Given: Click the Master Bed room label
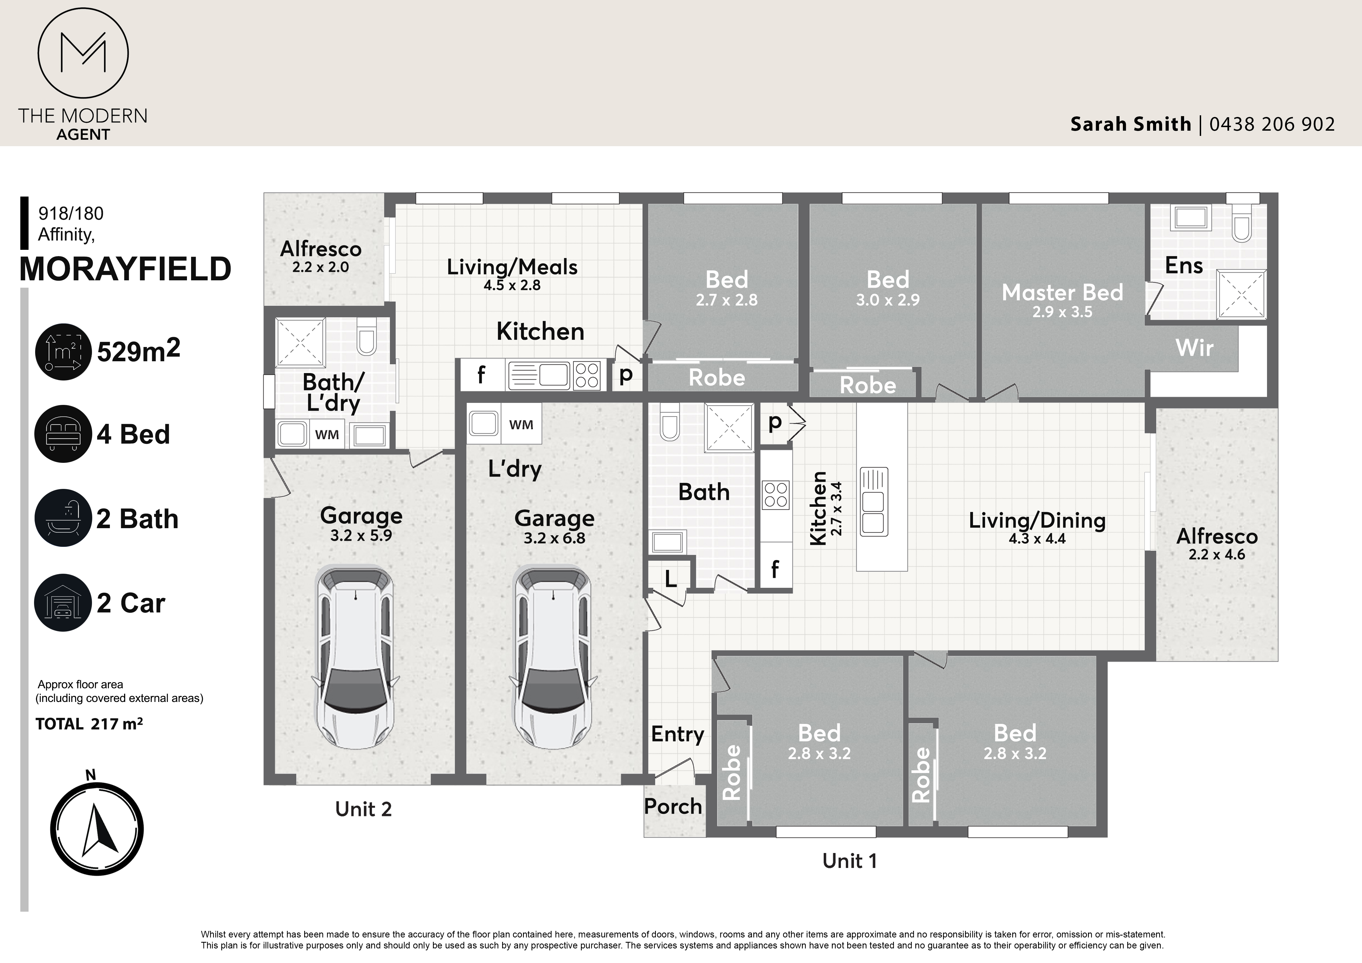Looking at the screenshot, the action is [x=1062, y=292].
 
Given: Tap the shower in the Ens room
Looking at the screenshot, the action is [x=1241, y=293].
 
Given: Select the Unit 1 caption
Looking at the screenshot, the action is [x=849, y=861].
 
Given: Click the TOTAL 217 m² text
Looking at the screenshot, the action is [x=89, y=724].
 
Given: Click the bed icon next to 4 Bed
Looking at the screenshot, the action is [x=63, y=433].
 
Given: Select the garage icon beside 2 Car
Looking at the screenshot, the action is [x=63, y=603].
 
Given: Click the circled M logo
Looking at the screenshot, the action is [x=83, y=53].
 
